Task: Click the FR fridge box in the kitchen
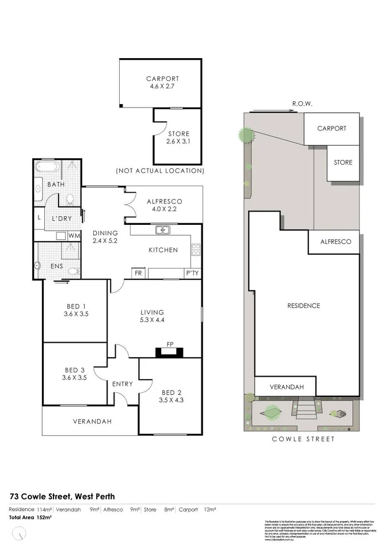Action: point(138,273)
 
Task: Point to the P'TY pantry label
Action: point(192,273)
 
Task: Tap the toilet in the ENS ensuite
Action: point(73,271)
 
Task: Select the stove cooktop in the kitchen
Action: point(196,249)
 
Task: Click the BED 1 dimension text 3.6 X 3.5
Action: point(75,315)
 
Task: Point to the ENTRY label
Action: point(123,384)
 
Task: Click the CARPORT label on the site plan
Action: point(332,128)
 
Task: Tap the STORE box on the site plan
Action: point(343,163)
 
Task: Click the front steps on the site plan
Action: point(307,412)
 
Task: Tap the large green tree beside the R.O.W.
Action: point(247,135)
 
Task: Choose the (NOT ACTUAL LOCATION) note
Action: point(160,171)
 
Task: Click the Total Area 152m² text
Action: point(31,518)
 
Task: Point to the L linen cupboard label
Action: point(39,218)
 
